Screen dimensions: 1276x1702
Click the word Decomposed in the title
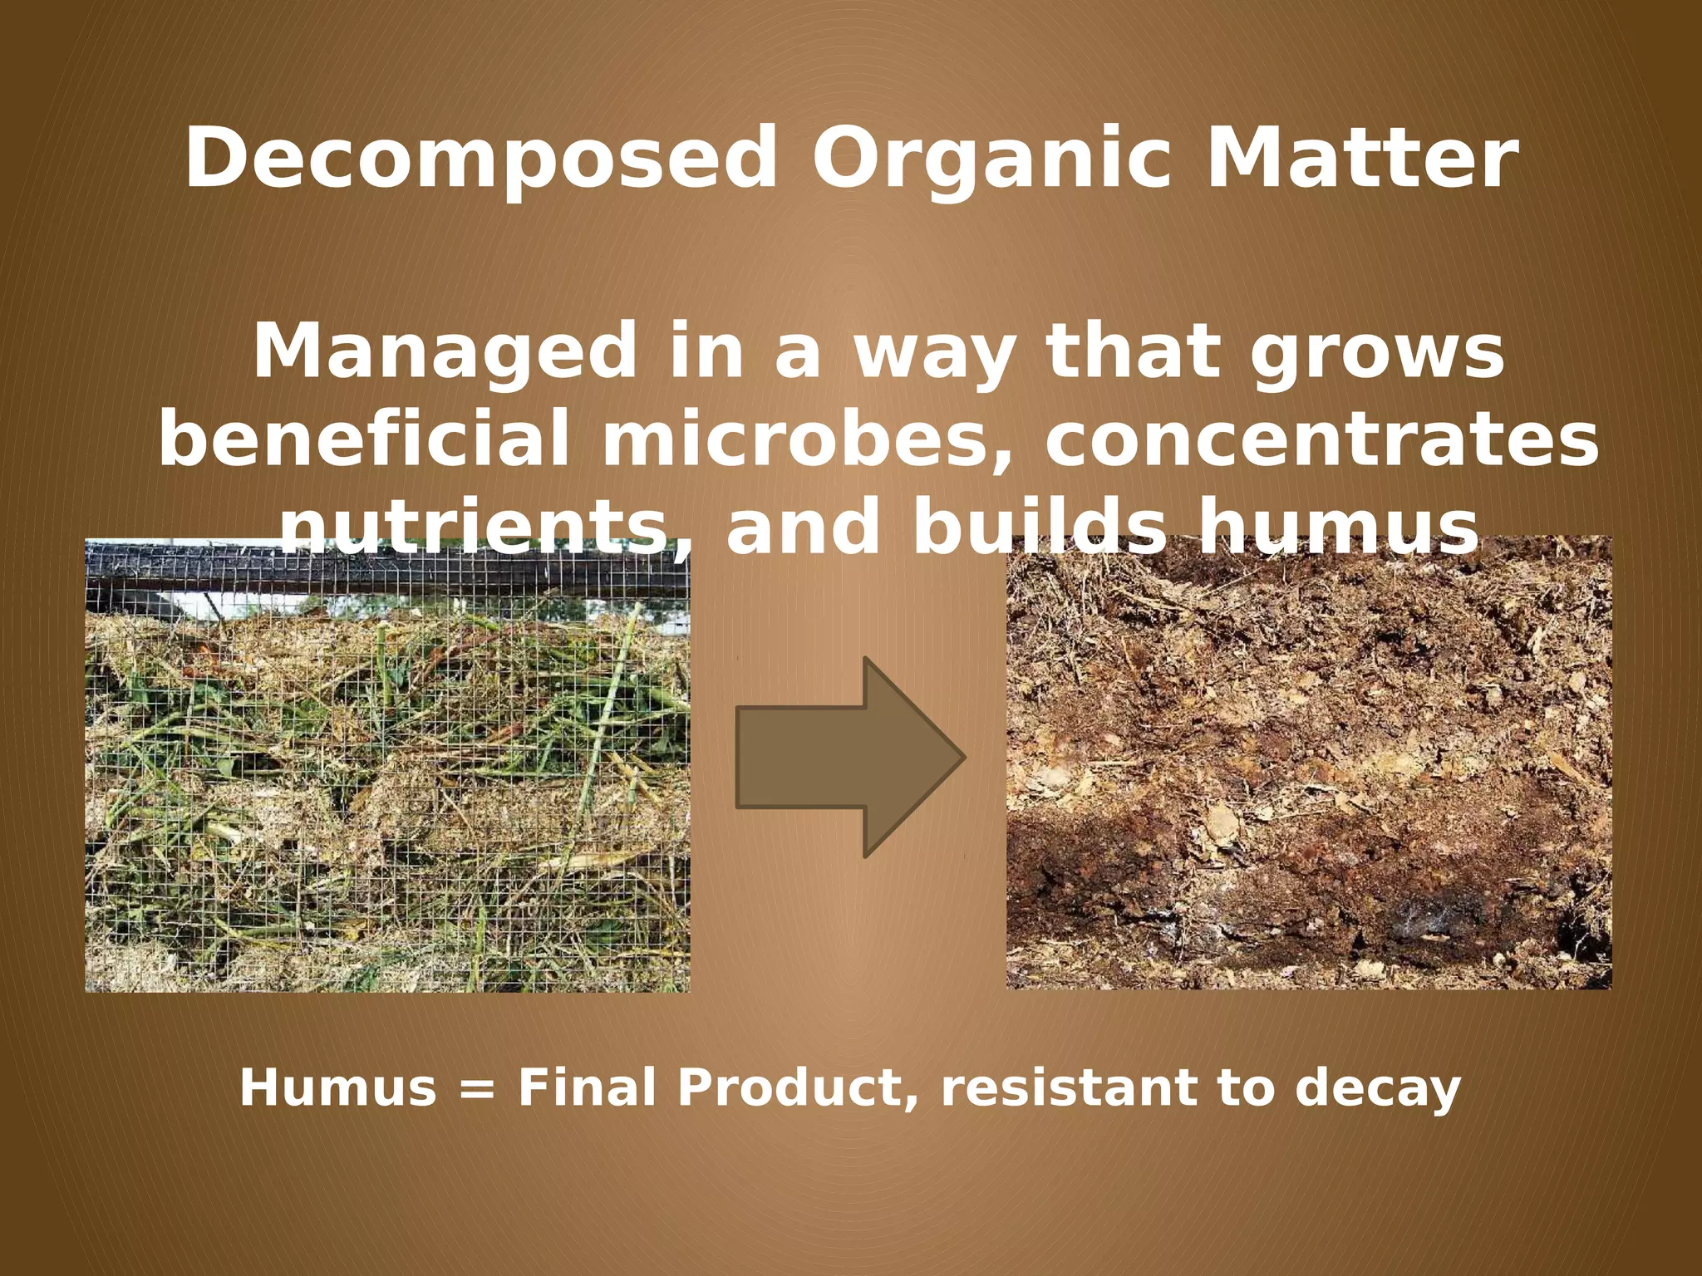481,159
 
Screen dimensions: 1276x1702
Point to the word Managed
445,353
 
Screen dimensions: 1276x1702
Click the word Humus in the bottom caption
337,1088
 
